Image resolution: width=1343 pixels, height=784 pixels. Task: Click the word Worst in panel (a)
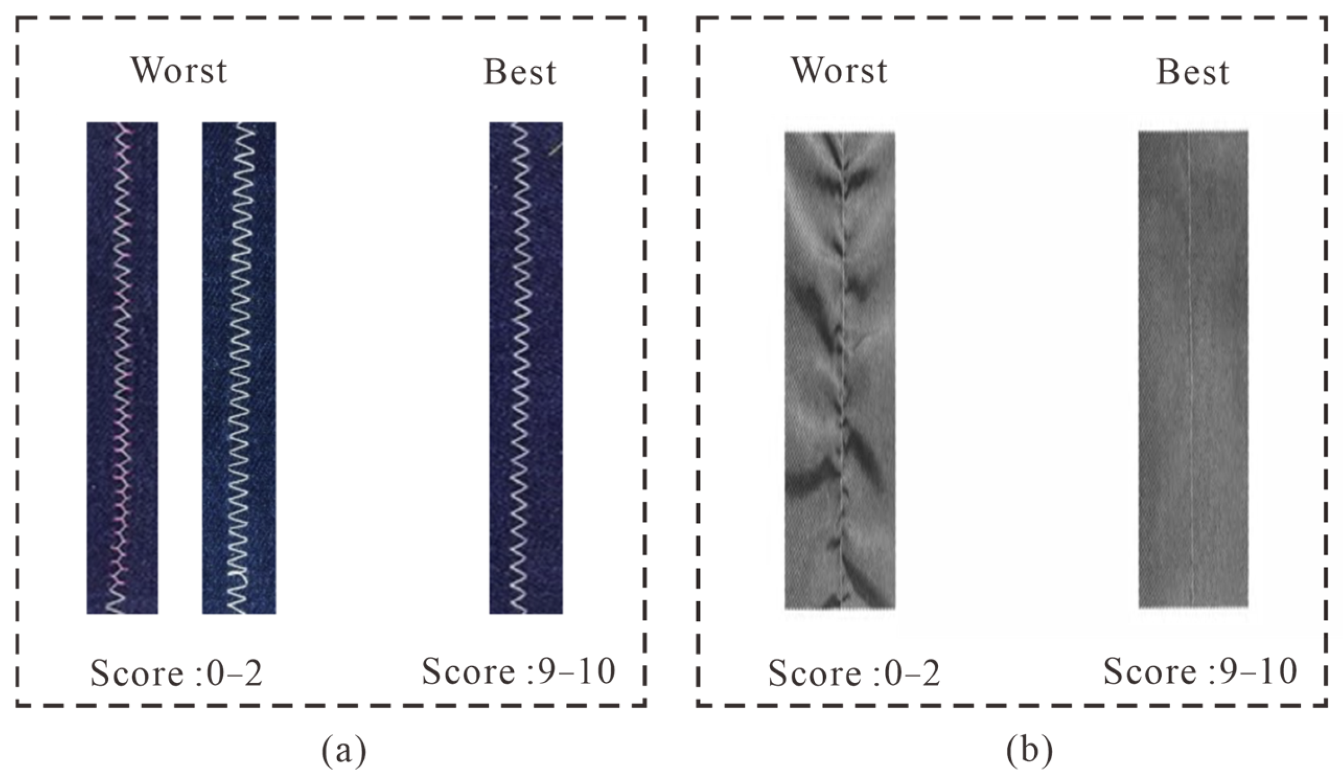pos(179,71)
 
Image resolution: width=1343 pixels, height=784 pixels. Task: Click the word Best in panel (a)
pos(520,73)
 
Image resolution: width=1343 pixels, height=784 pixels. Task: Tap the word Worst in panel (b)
pos(839,71)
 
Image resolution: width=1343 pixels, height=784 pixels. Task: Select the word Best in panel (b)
pos(1192,73)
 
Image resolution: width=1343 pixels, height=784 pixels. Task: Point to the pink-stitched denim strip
pos(122,367)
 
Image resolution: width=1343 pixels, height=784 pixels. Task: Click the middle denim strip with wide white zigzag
pos(239,367)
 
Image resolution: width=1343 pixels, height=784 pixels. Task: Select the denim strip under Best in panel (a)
pos(525,367)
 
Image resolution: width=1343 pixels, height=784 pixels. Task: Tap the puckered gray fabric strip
pos(839,370)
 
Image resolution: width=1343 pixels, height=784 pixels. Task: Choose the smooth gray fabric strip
pos(1193,369)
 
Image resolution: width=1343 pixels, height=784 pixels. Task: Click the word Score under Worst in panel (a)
pos(137,673)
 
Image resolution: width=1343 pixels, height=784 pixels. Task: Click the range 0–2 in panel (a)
pos(234,673)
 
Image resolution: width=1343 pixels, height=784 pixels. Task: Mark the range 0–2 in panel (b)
pos(911,673)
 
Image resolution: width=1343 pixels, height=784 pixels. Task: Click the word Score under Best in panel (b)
pos(1150,671)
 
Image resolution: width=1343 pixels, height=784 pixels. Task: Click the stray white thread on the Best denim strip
pos(555,148)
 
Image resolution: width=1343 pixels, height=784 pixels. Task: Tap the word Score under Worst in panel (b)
pos(814,673)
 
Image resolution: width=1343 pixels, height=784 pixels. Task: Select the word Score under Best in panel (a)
pos(468,671)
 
